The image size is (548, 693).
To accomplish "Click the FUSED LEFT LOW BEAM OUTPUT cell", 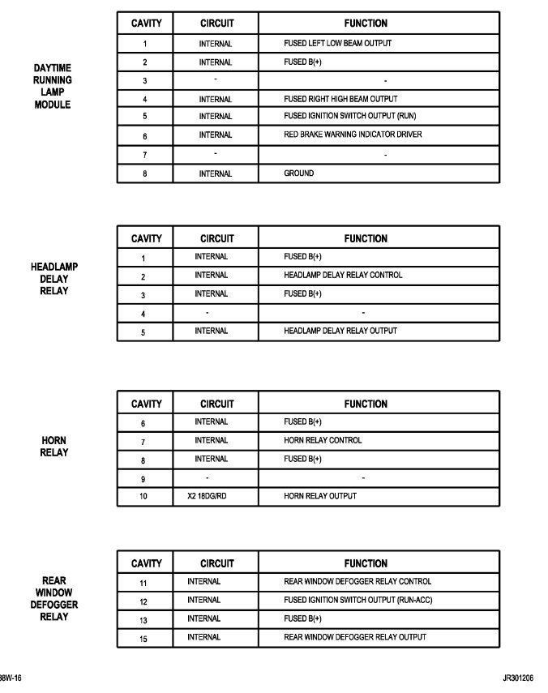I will pos(338,44).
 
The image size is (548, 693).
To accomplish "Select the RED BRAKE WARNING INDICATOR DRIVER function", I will pos(353,135).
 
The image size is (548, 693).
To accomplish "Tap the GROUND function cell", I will pos(299,173).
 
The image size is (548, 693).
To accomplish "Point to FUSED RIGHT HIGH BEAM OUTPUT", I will pos(340,99).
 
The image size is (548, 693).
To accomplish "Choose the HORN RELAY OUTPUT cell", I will pos(320,496).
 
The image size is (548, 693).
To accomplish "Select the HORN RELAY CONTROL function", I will pos(323,440).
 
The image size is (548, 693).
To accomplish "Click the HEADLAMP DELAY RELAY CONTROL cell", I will pos(343,275).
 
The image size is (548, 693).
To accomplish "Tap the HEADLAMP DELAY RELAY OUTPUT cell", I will pos(340,331).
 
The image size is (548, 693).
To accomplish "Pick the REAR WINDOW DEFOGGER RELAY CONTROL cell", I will pos(357,581).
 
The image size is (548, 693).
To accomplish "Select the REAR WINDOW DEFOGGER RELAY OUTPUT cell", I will pos(355,637).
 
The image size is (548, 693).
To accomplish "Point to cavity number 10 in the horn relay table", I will pos(143,496).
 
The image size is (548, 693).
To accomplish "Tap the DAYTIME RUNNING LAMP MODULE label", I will pos(52,87).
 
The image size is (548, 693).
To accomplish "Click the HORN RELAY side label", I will pos(54,447).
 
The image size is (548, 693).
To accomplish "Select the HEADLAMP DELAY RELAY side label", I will pos(54,279).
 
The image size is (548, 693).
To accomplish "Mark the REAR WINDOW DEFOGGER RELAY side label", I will pos(54,599).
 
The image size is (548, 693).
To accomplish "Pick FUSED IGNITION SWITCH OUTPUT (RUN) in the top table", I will pos(350,116).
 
